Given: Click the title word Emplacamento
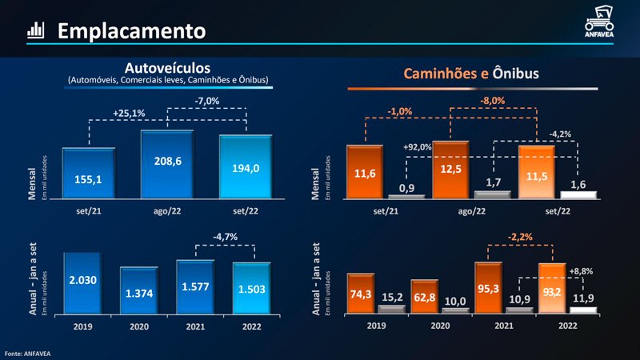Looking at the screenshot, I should (131, 31).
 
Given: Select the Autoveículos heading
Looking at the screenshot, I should (167, 67).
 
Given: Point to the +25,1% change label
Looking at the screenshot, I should (129, 113).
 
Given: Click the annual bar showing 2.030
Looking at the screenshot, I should (83, 282).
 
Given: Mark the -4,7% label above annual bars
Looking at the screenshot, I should (224, 238).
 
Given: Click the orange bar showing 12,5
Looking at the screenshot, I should (450, 169).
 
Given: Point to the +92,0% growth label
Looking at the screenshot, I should (416, 147).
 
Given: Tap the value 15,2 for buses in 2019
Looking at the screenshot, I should (393, 298).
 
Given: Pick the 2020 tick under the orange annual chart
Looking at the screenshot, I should (440, 326).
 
